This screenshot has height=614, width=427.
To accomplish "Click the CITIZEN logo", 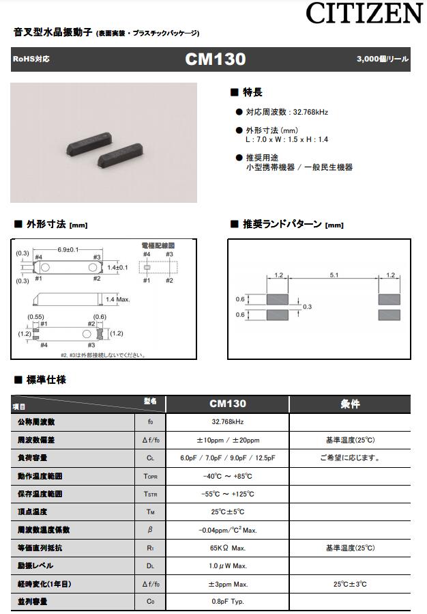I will click(364, 14).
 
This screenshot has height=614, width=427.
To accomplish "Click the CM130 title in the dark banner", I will click(215, 59).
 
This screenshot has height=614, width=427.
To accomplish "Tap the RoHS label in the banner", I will click(31, 59).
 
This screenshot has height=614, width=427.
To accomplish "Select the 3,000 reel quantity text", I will click(382, 59).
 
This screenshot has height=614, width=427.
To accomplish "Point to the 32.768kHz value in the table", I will click(227, 422).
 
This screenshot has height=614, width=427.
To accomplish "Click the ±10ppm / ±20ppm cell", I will click(227, 440).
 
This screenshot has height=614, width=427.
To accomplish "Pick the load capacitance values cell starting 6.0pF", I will click(227, 458).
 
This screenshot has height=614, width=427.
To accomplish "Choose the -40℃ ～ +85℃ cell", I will click(227, 476).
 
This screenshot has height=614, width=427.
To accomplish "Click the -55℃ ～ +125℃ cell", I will click(227, 494).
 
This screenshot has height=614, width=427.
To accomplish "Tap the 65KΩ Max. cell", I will click(227, 548).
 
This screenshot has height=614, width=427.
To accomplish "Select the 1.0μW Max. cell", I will click(227, 566).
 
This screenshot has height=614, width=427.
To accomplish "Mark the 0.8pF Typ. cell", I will click(227, 602).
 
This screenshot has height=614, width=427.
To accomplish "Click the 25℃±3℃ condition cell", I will click(350, 584).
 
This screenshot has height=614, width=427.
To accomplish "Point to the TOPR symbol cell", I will click(151, 476).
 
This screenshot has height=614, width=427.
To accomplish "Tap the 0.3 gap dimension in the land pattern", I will click(307, 307).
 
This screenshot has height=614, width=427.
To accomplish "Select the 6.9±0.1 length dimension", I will click(68, 249).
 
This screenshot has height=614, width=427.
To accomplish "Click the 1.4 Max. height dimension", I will click(119, 299).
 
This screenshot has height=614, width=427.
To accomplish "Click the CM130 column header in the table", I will click(227, 404).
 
